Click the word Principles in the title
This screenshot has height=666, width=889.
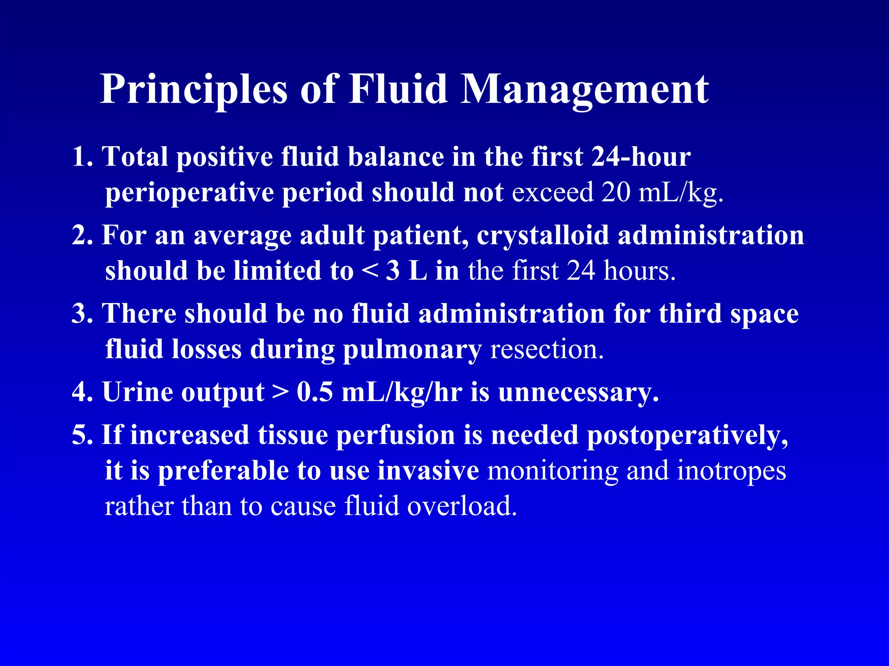point(194,90)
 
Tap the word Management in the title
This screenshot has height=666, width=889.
point(584,90)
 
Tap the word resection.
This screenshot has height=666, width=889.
point(547,349)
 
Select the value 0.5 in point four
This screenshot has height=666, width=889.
point(315,392)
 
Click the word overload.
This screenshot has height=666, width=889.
point(462,506)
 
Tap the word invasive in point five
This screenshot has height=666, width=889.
point(428,471)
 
